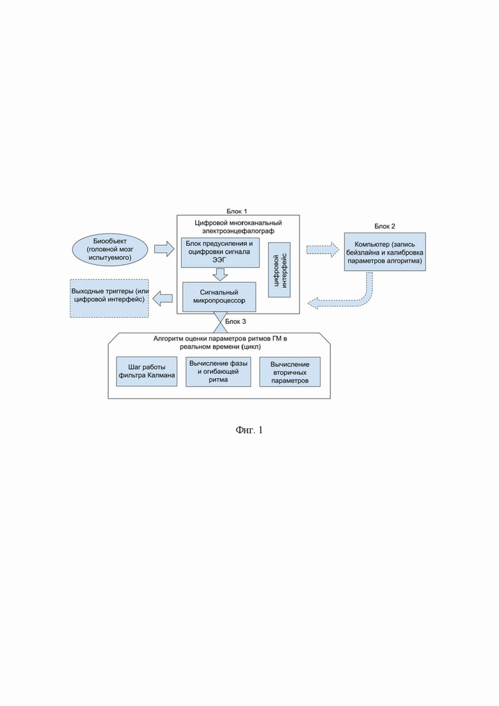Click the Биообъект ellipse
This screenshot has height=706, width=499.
click(x=110, y=250)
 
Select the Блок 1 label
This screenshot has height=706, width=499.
click(x=237, y=211)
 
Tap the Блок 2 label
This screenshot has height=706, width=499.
click(x=384, y=227)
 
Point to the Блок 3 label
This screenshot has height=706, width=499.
click(x=236, y=321)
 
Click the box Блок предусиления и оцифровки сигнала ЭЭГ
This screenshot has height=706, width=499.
click(x=220, y=253)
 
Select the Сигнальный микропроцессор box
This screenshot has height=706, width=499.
click(x=219, y=297)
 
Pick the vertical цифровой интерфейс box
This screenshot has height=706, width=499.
click(x=279, y=269)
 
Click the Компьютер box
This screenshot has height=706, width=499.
click(x=384, y=252)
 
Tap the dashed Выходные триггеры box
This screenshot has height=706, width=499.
click(x=109, y=298)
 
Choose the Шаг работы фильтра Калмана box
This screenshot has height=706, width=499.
click(x=147, y=371)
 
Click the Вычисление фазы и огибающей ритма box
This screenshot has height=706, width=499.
click(x=218, y=371)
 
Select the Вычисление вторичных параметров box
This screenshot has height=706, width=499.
click(x=290, y=372)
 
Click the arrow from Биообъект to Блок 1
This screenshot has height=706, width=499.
click(x=164, y=248)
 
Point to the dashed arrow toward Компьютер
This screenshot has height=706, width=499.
click(x=322, y=250)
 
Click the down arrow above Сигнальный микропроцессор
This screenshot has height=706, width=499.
click(x=220, y=274)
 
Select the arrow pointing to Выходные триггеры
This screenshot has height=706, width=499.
click(x=163, y=298)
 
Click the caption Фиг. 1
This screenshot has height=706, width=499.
click(x=249, y=430)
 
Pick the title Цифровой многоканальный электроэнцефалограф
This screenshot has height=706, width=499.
click(x=238, y=227)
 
